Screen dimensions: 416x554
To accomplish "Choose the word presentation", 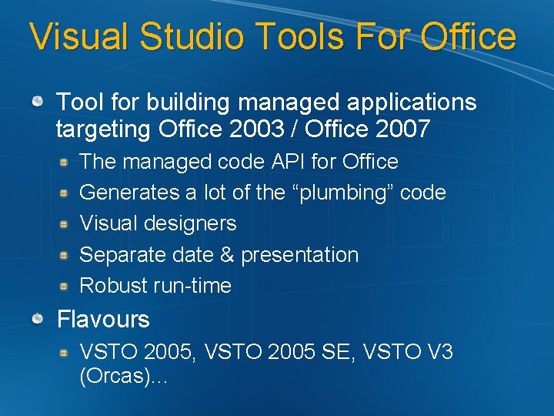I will point(299,255).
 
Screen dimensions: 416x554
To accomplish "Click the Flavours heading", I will point(103,319).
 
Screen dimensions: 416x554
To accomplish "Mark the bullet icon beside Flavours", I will point(37,318).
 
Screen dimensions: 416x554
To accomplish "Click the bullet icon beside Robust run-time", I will point(66,285).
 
